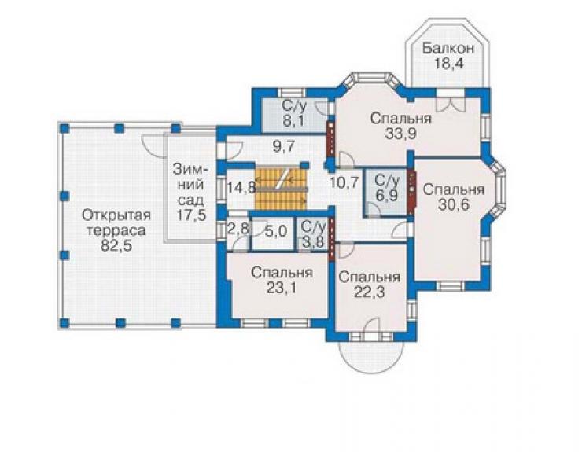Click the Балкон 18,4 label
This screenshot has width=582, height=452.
pyautogui.click(x=448, y=56)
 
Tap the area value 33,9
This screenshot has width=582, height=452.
pyautogui.click(x=400, y=134)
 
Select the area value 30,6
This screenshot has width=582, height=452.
pyautogui.click(x=453, y=204)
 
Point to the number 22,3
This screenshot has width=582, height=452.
pyautogui.click(x=369, y=292)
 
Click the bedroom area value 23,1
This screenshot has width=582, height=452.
pyautogui.click(x=282, y=288)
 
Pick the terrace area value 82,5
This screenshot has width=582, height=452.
pyautogui.click(x=116, y=246)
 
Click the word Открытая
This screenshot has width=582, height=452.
pyautogui.click(x=116, y=215)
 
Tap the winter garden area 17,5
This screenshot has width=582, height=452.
pyautogui.click(x=191, y=215)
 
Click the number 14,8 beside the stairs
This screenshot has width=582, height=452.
pyautogui.click(x=241, y=186)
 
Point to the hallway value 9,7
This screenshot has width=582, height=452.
pyautogui.click(x=284, y=146)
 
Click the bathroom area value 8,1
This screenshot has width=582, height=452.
pyautogui.click(x=294, y=121)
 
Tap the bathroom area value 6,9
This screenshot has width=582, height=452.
pyautogui.click(x=387, y=196)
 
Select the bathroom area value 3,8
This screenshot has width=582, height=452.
pyautogui.click(x=313, y=241)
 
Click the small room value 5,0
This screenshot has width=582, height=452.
pyautogui.click(x=276, y=232)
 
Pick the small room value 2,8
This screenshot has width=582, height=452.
pyautogui.click(x=238, y=229)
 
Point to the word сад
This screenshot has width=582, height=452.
pyautogui.click(x=191, y=200)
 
